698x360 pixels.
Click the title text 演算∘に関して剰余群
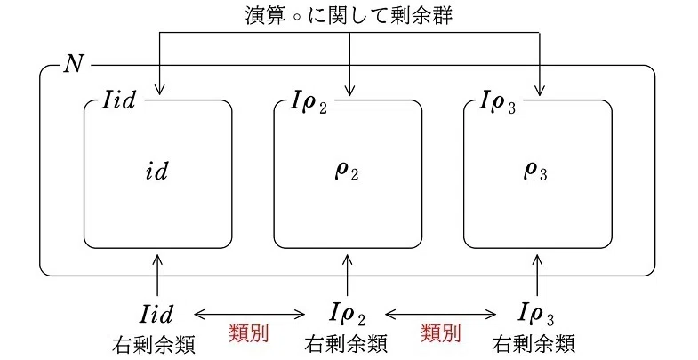point(349,16)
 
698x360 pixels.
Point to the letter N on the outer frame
point(74,64)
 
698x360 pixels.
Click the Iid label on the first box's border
point(119,100)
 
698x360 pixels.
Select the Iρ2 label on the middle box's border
point(309,102)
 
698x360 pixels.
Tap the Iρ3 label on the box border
point(498,102)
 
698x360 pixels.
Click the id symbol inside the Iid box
point(157,171)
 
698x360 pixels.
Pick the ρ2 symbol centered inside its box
point(347,172)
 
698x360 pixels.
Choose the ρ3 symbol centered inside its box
point(535,172)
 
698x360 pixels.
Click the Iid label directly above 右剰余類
point(156,313)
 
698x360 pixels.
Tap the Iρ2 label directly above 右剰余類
point(347,314)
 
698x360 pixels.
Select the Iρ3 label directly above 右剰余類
point(536,314)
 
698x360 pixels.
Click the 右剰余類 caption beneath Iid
point(154,344)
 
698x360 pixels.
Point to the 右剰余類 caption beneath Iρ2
point(346,344)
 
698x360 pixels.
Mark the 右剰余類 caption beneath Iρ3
point(534,344)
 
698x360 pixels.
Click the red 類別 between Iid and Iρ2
point(249,332)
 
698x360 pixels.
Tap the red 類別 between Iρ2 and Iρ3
point(441,332)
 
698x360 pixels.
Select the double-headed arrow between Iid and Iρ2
point(250,315)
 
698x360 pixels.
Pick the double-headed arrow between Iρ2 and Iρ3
point(441,315)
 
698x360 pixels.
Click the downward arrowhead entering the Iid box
point(159,91)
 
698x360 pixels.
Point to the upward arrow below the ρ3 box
point(537,275)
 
